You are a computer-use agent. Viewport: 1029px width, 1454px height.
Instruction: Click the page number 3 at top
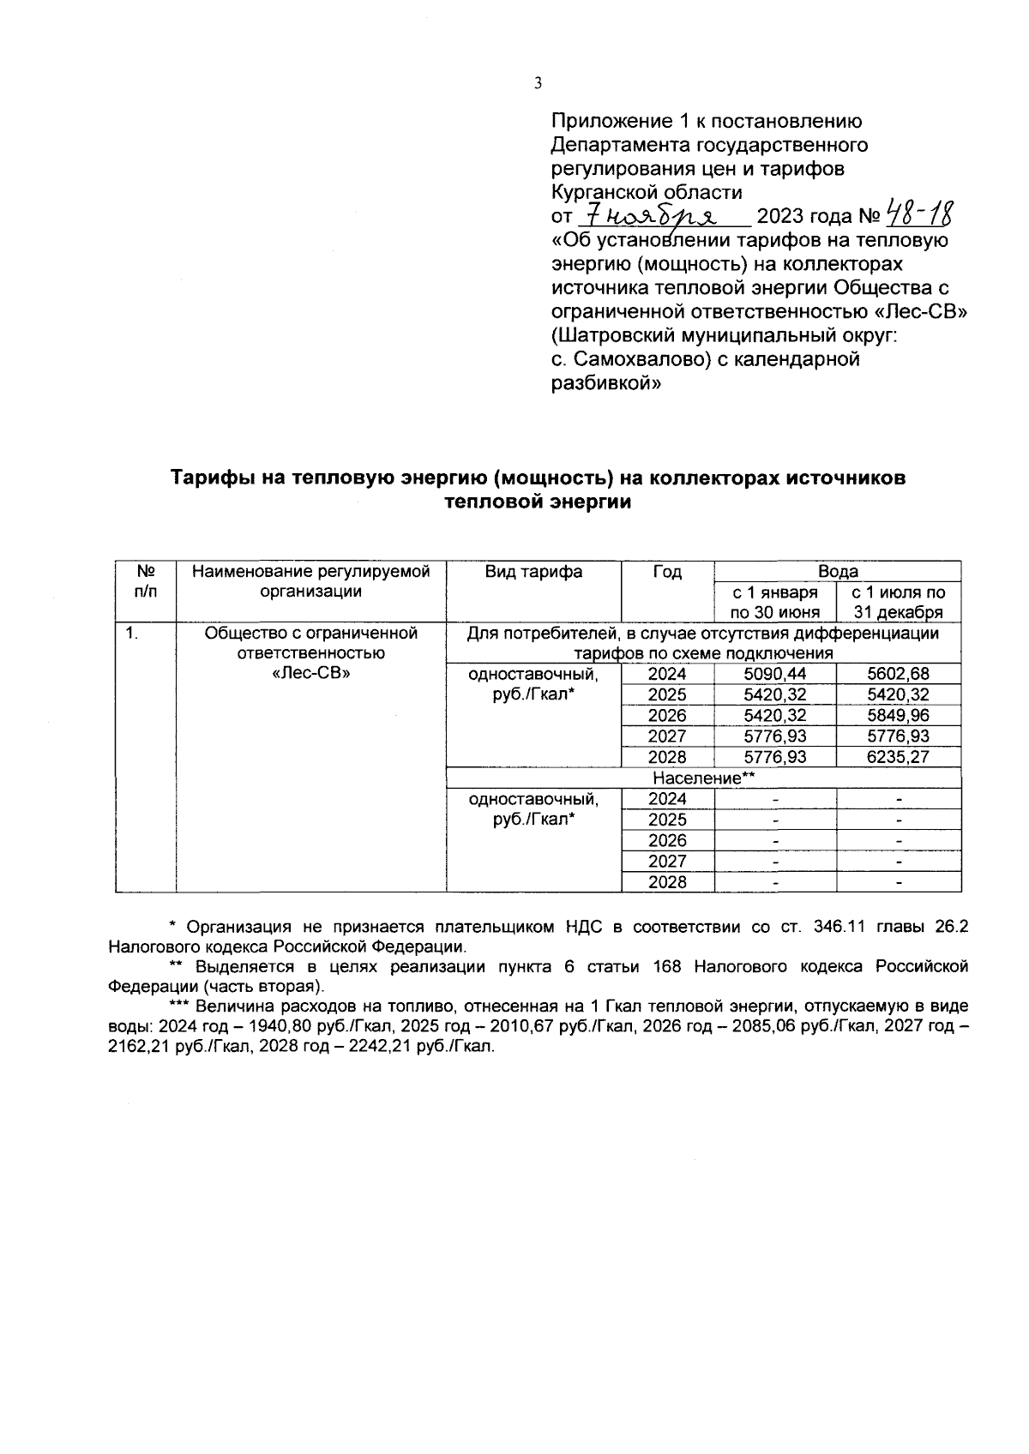coord(538,83)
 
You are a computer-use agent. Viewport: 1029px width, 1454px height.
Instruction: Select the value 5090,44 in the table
coord(774,674)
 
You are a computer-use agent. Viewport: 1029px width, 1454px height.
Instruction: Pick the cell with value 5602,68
coord(898,674)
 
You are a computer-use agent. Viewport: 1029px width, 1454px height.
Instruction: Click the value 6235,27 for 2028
coord(898,757)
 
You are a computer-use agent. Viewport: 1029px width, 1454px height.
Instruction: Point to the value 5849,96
coord(898,715)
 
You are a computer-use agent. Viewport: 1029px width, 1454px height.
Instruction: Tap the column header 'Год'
coord(667,572)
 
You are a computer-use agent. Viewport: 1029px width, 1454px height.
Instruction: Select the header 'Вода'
coord(837,572)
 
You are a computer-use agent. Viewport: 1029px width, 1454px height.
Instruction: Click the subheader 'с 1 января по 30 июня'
coord(774,602)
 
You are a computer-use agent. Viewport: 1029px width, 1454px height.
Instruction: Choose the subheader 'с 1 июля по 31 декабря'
coord(898,602)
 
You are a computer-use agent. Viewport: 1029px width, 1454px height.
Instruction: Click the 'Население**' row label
coord(703,778)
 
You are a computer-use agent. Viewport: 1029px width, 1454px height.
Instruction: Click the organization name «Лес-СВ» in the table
coord(310,674)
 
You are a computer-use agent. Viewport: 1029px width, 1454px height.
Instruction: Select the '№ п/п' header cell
coord(146,580)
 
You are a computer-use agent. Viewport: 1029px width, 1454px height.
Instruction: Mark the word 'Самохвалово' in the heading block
coord(635,359)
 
